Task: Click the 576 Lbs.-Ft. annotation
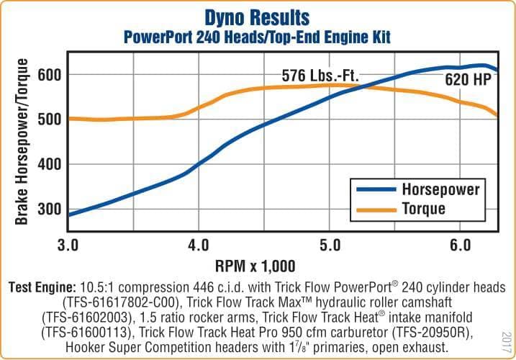[x=320, y=76]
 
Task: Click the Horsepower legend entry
[x=440, y=190]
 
